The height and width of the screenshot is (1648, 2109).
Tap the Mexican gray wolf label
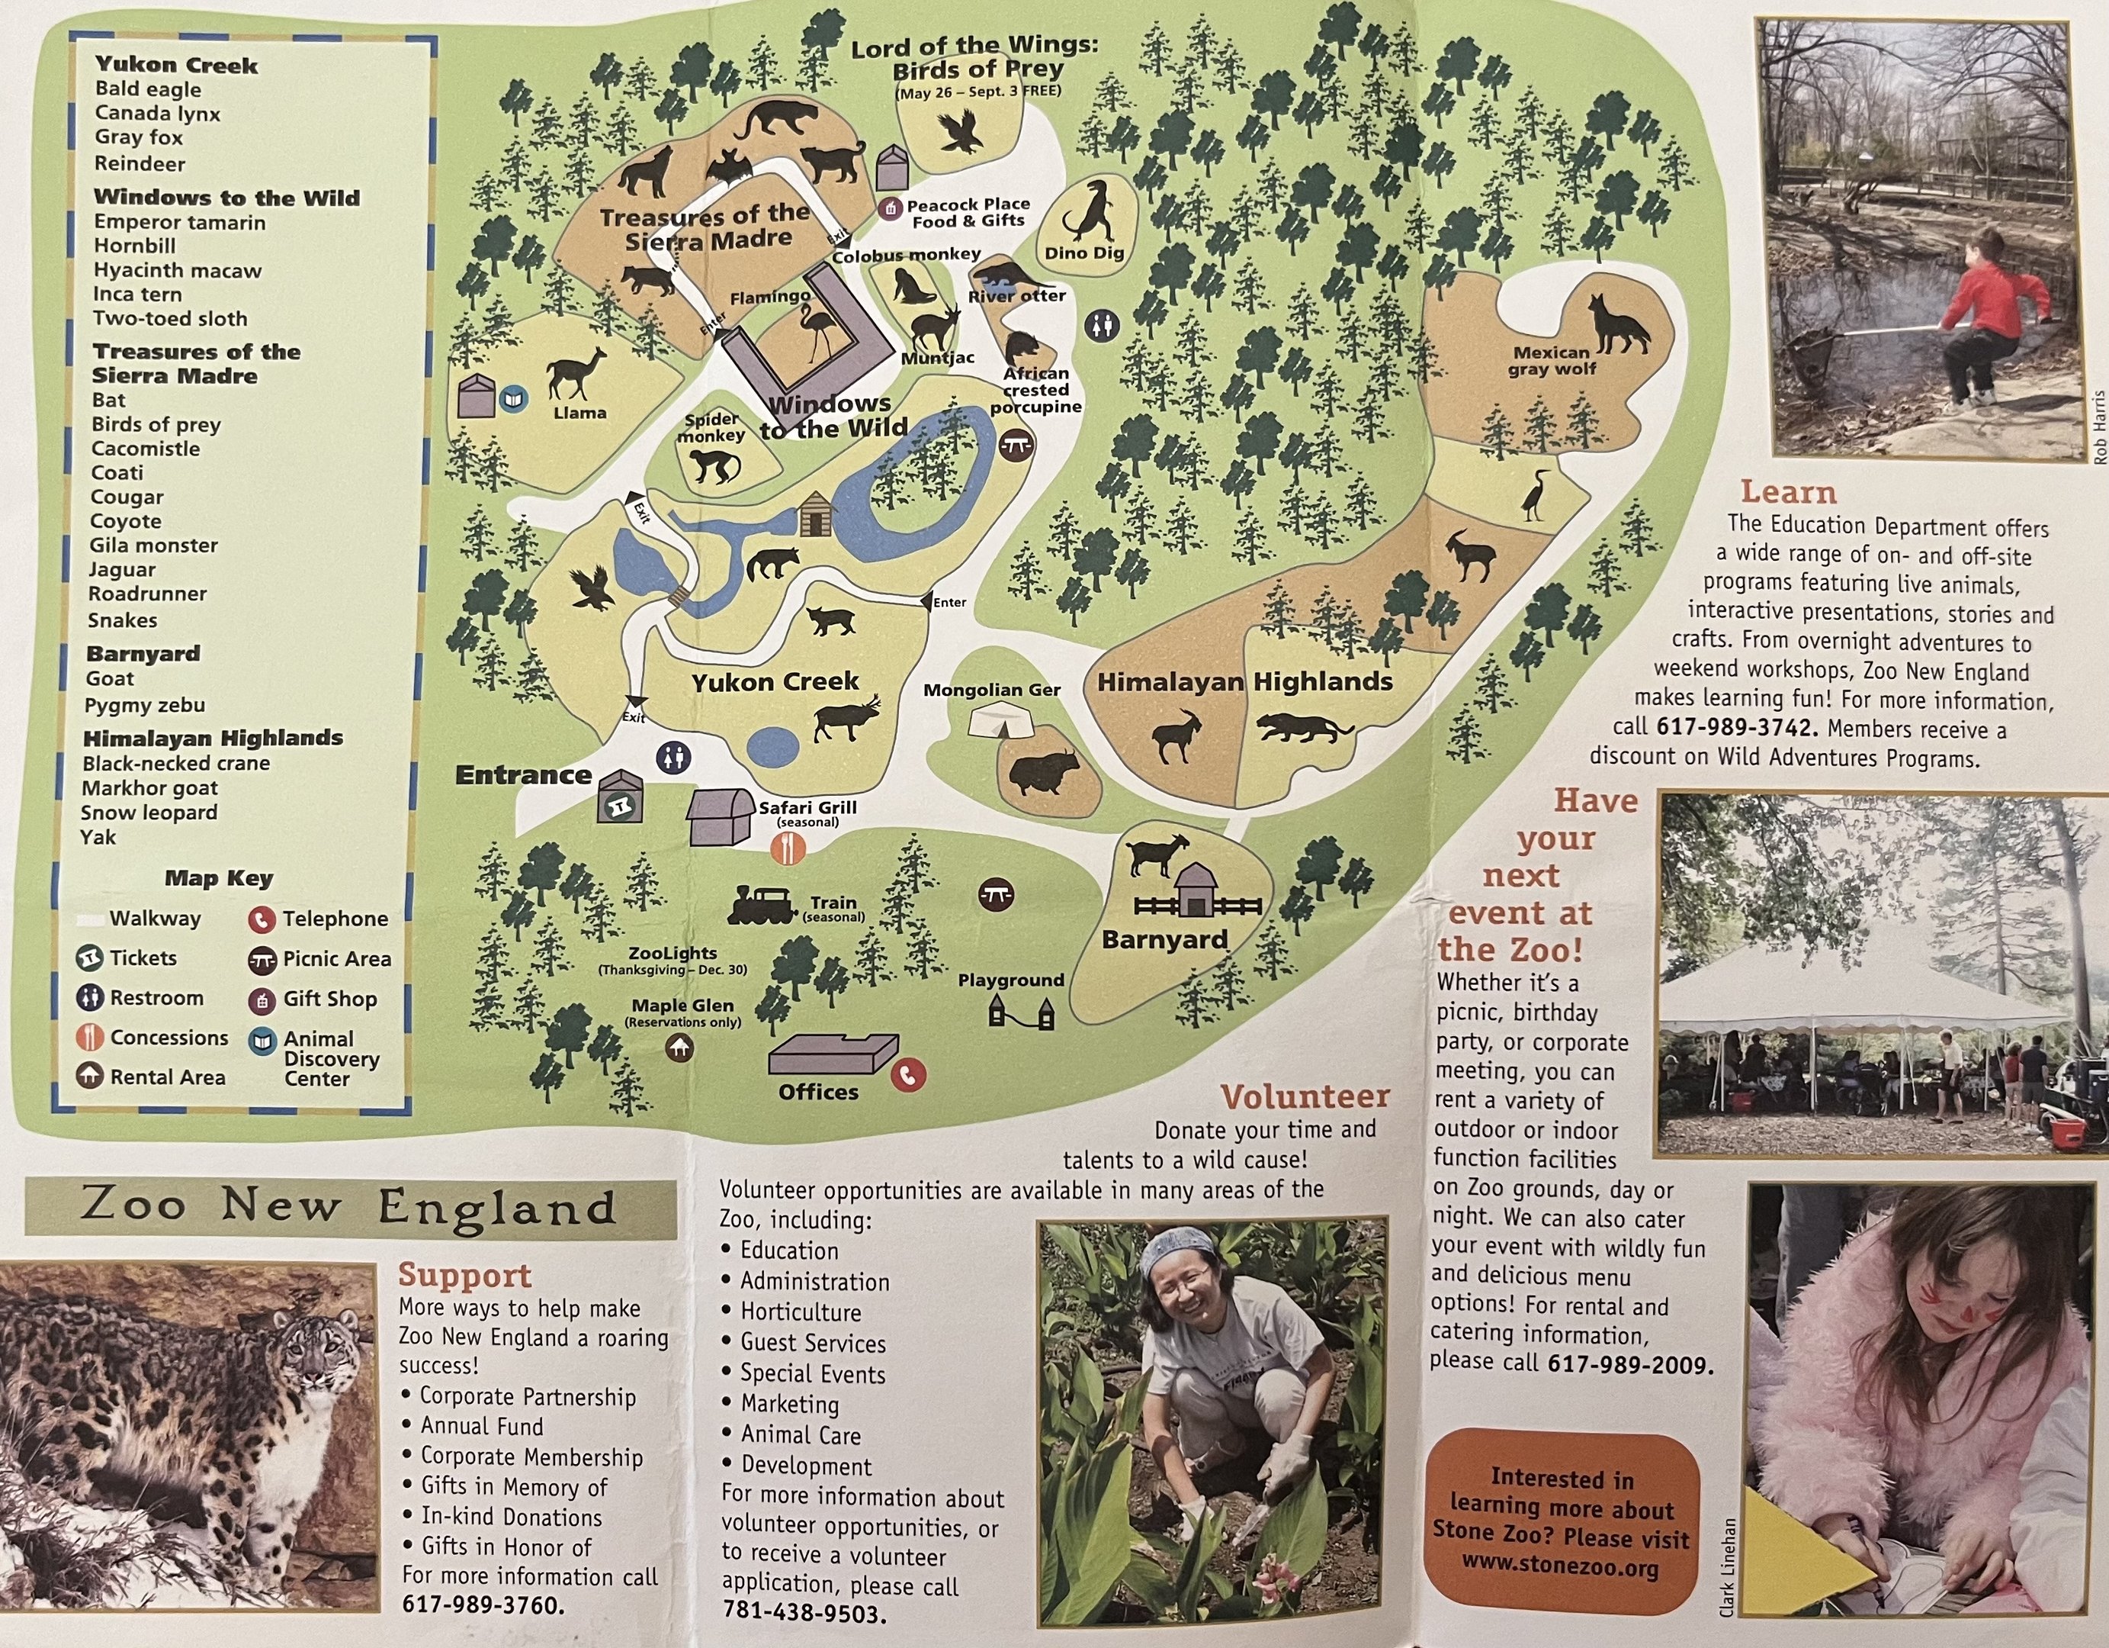1551,360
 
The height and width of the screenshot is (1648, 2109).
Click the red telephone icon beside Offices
907,1074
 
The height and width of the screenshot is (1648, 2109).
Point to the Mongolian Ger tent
996,721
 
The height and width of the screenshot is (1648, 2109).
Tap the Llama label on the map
579,414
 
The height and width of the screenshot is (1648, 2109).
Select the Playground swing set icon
1021,1014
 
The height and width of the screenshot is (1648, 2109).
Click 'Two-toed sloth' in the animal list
170,319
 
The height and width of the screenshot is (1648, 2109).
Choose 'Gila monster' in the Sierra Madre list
153,546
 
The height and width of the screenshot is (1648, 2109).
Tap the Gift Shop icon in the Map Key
262,999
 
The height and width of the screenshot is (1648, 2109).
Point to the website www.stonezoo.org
1559,1568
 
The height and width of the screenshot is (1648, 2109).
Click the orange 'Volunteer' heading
1305,1096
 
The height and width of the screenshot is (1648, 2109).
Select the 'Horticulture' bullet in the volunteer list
800,1312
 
